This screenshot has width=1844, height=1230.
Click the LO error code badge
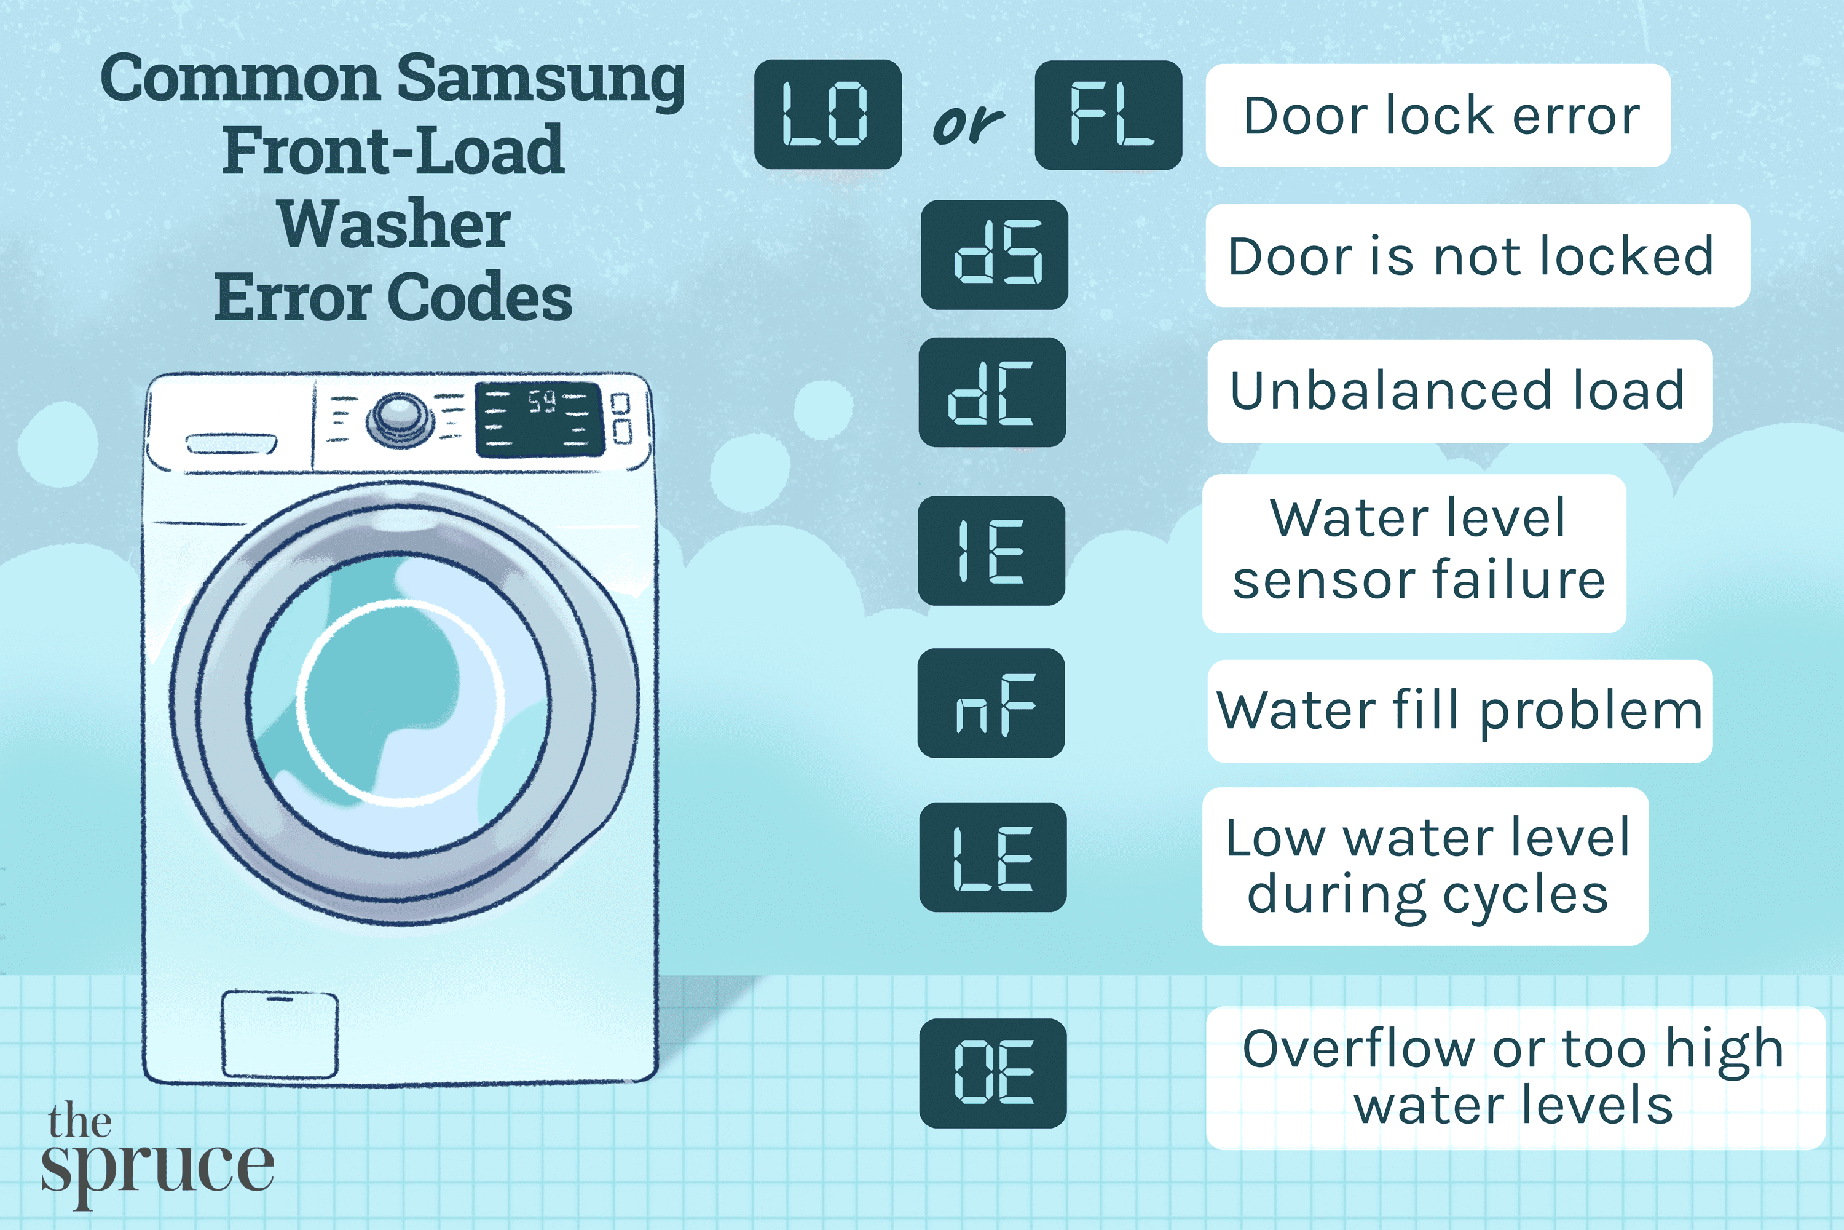click(827, 114)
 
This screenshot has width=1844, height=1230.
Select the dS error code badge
click(994, 254)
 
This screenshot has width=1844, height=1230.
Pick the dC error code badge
click(992, 392)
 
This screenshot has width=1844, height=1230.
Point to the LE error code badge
click(993, 857)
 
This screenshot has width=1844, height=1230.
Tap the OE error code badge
click(993, 1073)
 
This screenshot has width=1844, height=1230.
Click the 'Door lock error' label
click(1438, 116)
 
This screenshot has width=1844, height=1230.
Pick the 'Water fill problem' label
click(1459, 711)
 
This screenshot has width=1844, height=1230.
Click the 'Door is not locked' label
click(1476, 256)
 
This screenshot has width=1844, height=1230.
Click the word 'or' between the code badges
click(967, 124)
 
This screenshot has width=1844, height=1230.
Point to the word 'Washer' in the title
click(395, 224)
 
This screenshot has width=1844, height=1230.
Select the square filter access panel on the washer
click(280, 1034)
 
